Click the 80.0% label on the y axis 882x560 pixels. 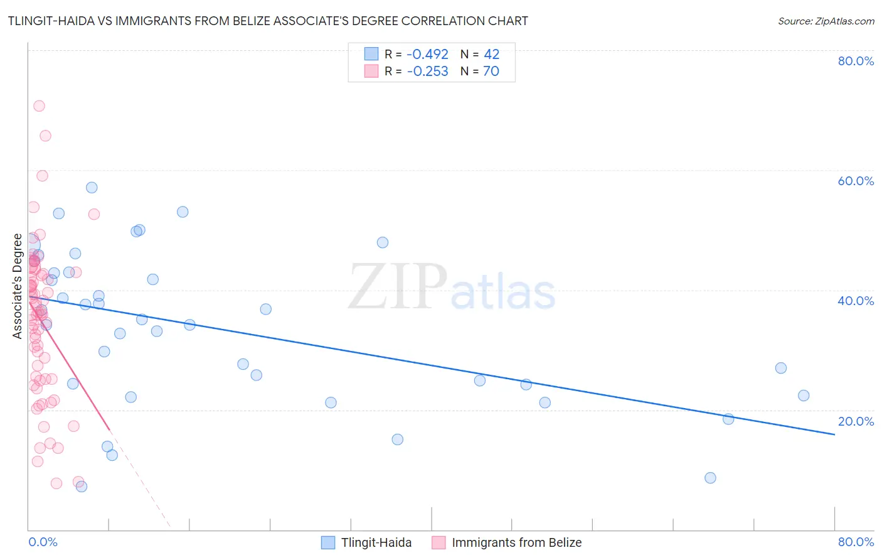click(x=856, y=61)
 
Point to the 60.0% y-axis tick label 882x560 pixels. click(x=856, y=181)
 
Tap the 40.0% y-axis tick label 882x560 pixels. click(x=856, y=301)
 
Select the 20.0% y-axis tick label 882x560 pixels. click(x=856, y=421)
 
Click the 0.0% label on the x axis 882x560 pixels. click(x=43, y=542)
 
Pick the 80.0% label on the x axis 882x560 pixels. click(x=856, y=542)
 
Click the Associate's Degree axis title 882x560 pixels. click(x=18, y=286)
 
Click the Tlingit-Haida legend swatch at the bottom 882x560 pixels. click(x=328, y=542)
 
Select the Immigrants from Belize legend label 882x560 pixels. click(x=516, y=542)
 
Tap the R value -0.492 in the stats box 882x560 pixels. click(x=427, y=55)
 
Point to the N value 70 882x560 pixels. click(x=491, y=72)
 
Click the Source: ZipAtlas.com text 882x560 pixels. click(x=826, y=21)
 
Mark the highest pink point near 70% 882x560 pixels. click(x=39, y=106)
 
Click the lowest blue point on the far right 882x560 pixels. click(x=710, y=478)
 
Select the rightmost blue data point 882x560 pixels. click(x=804, y=396)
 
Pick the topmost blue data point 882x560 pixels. click(x=92, y=188)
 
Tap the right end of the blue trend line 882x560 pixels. click(x=834, y=434)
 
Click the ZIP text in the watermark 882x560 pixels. click(x=397, y=288)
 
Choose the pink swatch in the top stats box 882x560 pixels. click(x=371, y=72)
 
